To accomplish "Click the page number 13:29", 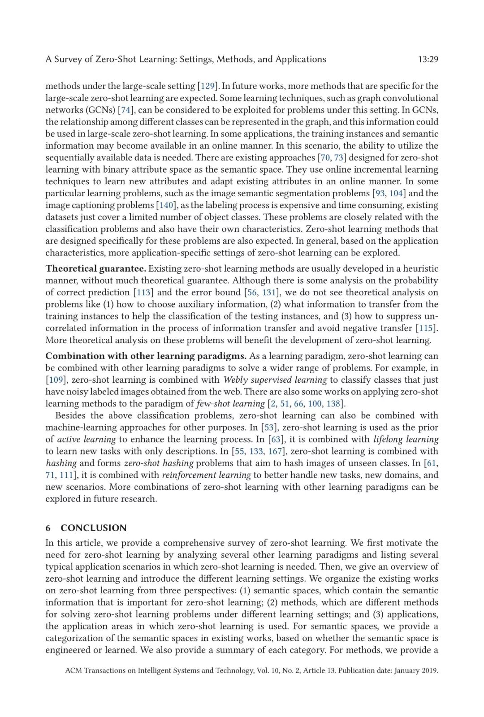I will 428,59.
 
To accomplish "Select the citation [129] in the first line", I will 208,86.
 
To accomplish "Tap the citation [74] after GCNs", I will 127,110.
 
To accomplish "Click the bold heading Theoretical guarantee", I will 95,269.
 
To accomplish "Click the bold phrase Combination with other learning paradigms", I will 146,356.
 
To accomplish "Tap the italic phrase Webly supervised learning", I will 275,380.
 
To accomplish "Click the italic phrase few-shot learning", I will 231,404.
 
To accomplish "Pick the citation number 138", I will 333,404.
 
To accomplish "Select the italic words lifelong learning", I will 406,440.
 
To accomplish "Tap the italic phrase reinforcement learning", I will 206,475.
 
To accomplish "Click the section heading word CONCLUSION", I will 94,528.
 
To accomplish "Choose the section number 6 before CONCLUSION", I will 48,528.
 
